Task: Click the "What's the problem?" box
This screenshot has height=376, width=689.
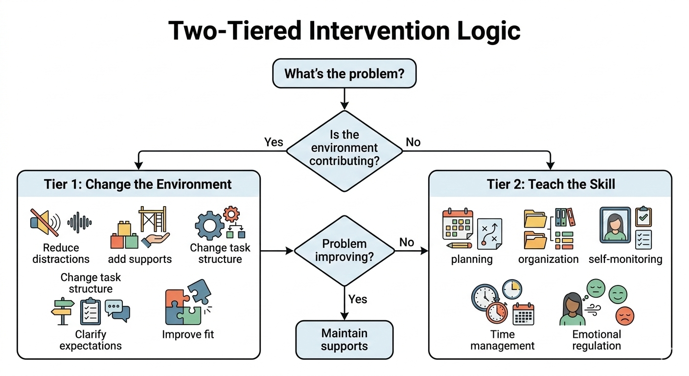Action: click(344, 74)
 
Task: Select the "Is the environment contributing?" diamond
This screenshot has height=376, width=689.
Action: click(344, 148)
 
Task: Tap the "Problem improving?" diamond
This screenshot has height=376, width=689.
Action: click(344, 250)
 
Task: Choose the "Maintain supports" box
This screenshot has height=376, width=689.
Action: click(344, 340)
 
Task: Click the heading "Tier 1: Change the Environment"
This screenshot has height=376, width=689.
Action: click(138, 184)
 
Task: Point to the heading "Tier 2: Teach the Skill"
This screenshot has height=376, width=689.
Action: click(551, 184)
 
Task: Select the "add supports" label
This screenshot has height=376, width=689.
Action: click(140, 259)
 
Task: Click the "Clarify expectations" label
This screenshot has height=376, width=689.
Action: click(91, 340)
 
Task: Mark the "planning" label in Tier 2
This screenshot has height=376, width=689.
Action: click(472, 259)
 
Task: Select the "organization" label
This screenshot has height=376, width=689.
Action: click(548, 259)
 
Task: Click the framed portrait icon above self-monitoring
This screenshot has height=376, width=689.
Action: click(615, 225)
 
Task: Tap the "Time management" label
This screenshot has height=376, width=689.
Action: click(503, 340)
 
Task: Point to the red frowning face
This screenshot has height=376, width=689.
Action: click(624, 315)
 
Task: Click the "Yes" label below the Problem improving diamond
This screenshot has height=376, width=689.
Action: click(358, 299)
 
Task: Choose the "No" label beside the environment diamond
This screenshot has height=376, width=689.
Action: click(413, 142)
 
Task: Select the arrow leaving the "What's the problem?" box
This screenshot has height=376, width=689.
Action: click(344, 98)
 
